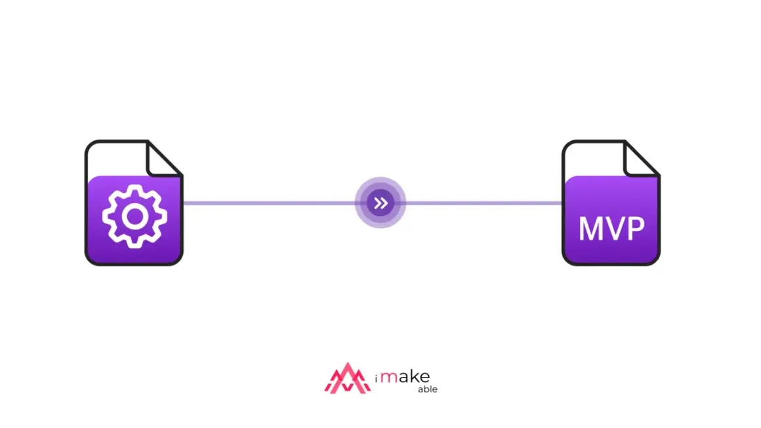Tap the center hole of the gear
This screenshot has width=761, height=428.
134,217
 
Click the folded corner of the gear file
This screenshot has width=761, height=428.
163,158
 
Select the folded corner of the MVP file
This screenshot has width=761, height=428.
641,158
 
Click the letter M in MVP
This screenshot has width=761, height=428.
591,228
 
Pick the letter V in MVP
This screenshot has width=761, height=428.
615,228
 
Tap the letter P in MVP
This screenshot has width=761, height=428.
636,228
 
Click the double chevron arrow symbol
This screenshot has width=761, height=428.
380,203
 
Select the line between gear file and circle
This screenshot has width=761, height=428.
269,203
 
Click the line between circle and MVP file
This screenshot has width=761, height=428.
484,203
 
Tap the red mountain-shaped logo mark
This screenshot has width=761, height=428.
348,378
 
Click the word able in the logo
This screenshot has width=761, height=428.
428,389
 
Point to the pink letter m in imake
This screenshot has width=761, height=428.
388,378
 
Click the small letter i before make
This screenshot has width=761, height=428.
376,378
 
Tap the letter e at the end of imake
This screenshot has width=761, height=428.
424,378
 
